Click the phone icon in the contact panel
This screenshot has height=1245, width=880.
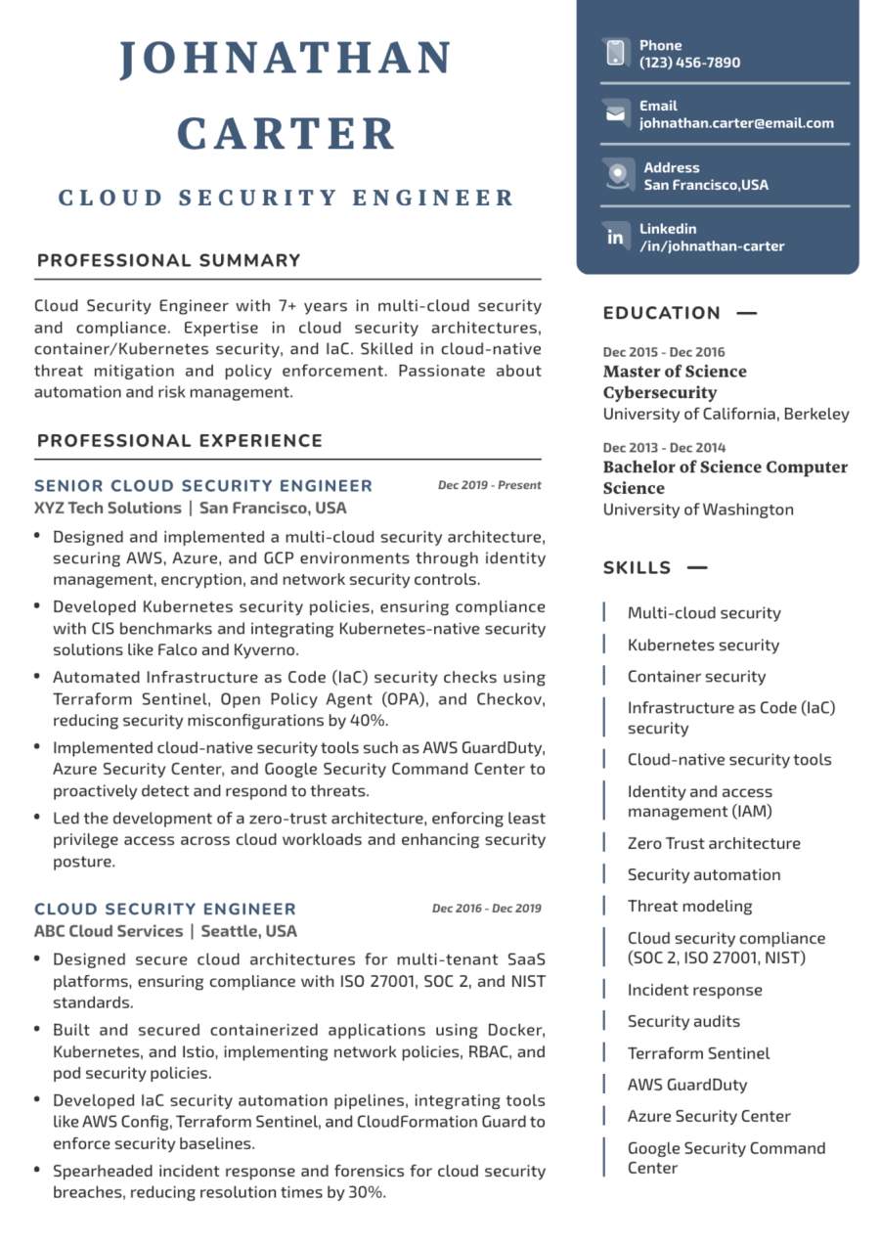pos(615,53)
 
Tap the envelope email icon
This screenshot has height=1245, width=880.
pos(615,114)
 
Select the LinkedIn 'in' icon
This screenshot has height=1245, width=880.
pos(615,237)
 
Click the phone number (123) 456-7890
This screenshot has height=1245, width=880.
pos(689,63)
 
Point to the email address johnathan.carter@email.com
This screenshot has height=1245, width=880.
pos(736,123)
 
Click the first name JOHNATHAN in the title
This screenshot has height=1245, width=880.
pos(286,59)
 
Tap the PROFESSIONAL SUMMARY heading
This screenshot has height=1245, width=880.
pos(168,260)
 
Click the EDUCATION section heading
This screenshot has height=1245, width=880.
pos(661,313)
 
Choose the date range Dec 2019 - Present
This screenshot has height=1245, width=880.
pos(489,485)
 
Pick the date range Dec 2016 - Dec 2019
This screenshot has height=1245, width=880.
pos(486,909)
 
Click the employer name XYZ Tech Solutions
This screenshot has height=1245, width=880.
pos(108,509)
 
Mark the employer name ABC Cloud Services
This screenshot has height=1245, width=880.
pos(109,931)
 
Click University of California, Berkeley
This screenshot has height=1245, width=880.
pos(726,414)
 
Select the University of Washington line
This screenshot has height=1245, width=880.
pos(698,510)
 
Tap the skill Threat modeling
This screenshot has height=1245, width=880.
pos(689,907)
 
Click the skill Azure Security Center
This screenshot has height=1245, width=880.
pos(709,1117)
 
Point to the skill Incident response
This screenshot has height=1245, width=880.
pos(694,991)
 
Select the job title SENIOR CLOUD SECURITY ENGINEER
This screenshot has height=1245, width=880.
pos(203,486)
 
